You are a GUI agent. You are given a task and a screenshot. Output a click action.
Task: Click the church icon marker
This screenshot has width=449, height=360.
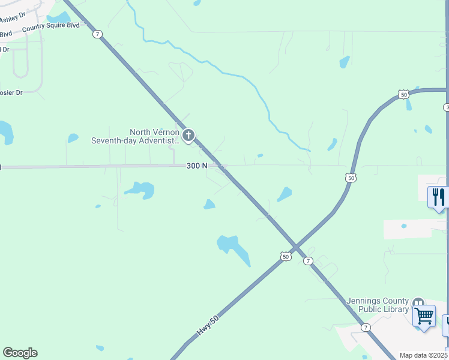188,136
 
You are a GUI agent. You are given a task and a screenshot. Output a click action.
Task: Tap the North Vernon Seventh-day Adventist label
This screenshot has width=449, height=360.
135,137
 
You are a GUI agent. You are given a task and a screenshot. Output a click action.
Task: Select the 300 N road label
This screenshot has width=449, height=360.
197,166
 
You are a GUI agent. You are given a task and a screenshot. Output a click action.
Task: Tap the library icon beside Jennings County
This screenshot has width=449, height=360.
418,302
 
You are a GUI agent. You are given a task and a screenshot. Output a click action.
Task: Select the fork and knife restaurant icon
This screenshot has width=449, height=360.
438,197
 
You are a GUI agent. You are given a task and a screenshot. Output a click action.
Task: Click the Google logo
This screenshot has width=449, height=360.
20,353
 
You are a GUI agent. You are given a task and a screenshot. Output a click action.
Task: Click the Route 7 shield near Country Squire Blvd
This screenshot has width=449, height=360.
97,34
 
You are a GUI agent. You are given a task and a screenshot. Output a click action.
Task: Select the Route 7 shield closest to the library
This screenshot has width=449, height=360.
366,327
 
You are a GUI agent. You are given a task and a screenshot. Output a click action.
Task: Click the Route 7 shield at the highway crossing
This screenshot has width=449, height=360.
307,261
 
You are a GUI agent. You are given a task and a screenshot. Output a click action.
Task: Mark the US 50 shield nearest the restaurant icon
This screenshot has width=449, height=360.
351,177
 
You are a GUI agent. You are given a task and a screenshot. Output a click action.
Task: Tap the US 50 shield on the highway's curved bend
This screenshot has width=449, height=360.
403,94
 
